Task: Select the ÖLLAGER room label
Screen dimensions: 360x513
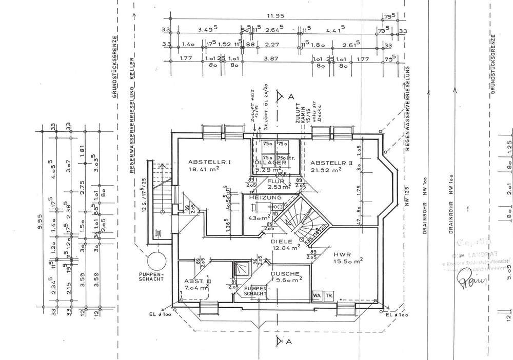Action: coord(270,163)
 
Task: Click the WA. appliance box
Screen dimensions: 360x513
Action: coord(317,296)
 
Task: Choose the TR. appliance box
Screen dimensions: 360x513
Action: coord(329,296)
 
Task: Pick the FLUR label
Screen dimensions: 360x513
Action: coord(275,181)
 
